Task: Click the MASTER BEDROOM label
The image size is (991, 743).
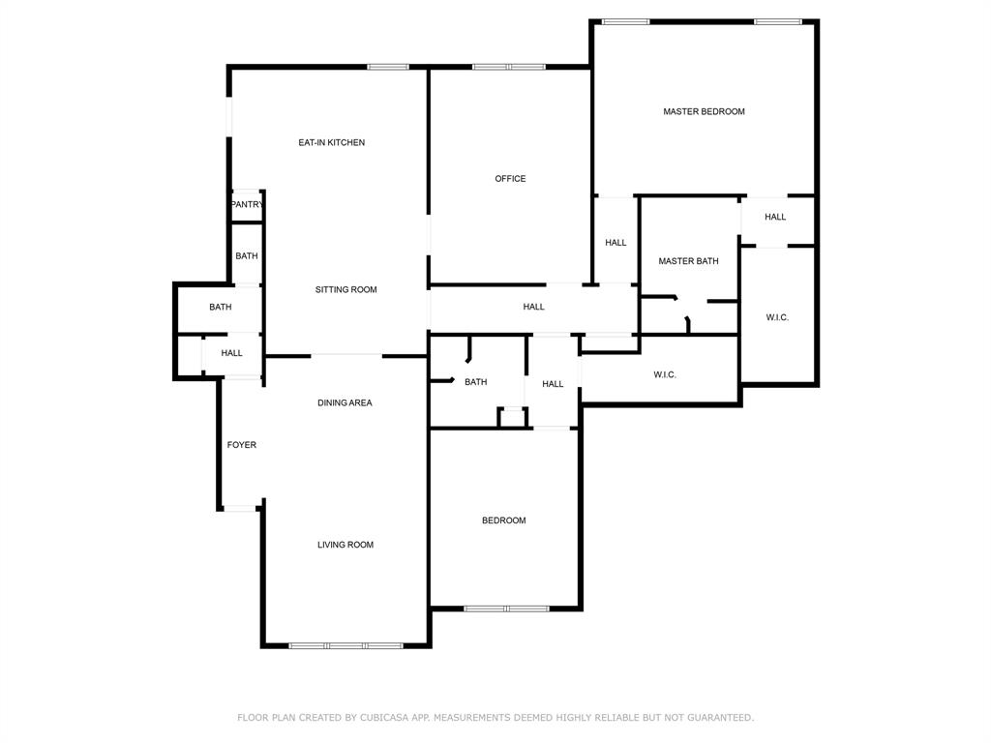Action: (x=704, y=112)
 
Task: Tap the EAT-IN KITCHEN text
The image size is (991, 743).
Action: (x=331, y=143)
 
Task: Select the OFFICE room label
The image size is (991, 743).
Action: (x=510, y=179)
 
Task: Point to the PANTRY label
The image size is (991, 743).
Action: (x=247, y=205)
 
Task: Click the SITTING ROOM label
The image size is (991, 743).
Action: (x=345, y=290)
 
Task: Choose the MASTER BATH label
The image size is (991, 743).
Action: (x=688, y=262)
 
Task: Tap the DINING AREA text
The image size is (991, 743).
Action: (x=345, y=403)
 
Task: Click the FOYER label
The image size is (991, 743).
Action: (x=242, y=446)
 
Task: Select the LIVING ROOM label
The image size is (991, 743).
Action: (x=345, y=546)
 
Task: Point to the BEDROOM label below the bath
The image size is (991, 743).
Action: (x=504, y=521)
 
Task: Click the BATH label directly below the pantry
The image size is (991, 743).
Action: (x=247, y=256)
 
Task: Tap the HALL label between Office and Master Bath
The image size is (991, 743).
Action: (x=616, y=244)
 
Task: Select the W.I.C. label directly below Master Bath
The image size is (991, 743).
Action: (x=664, y=375)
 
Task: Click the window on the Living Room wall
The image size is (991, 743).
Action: (x=345, y=645)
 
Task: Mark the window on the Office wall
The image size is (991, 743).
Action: (x=508, y=67)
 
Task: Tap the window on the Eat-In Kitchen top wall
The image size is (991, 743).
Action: (x=387, y=67)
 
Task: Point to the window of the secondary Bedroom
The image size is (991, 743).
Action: (x=505, y=609)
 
